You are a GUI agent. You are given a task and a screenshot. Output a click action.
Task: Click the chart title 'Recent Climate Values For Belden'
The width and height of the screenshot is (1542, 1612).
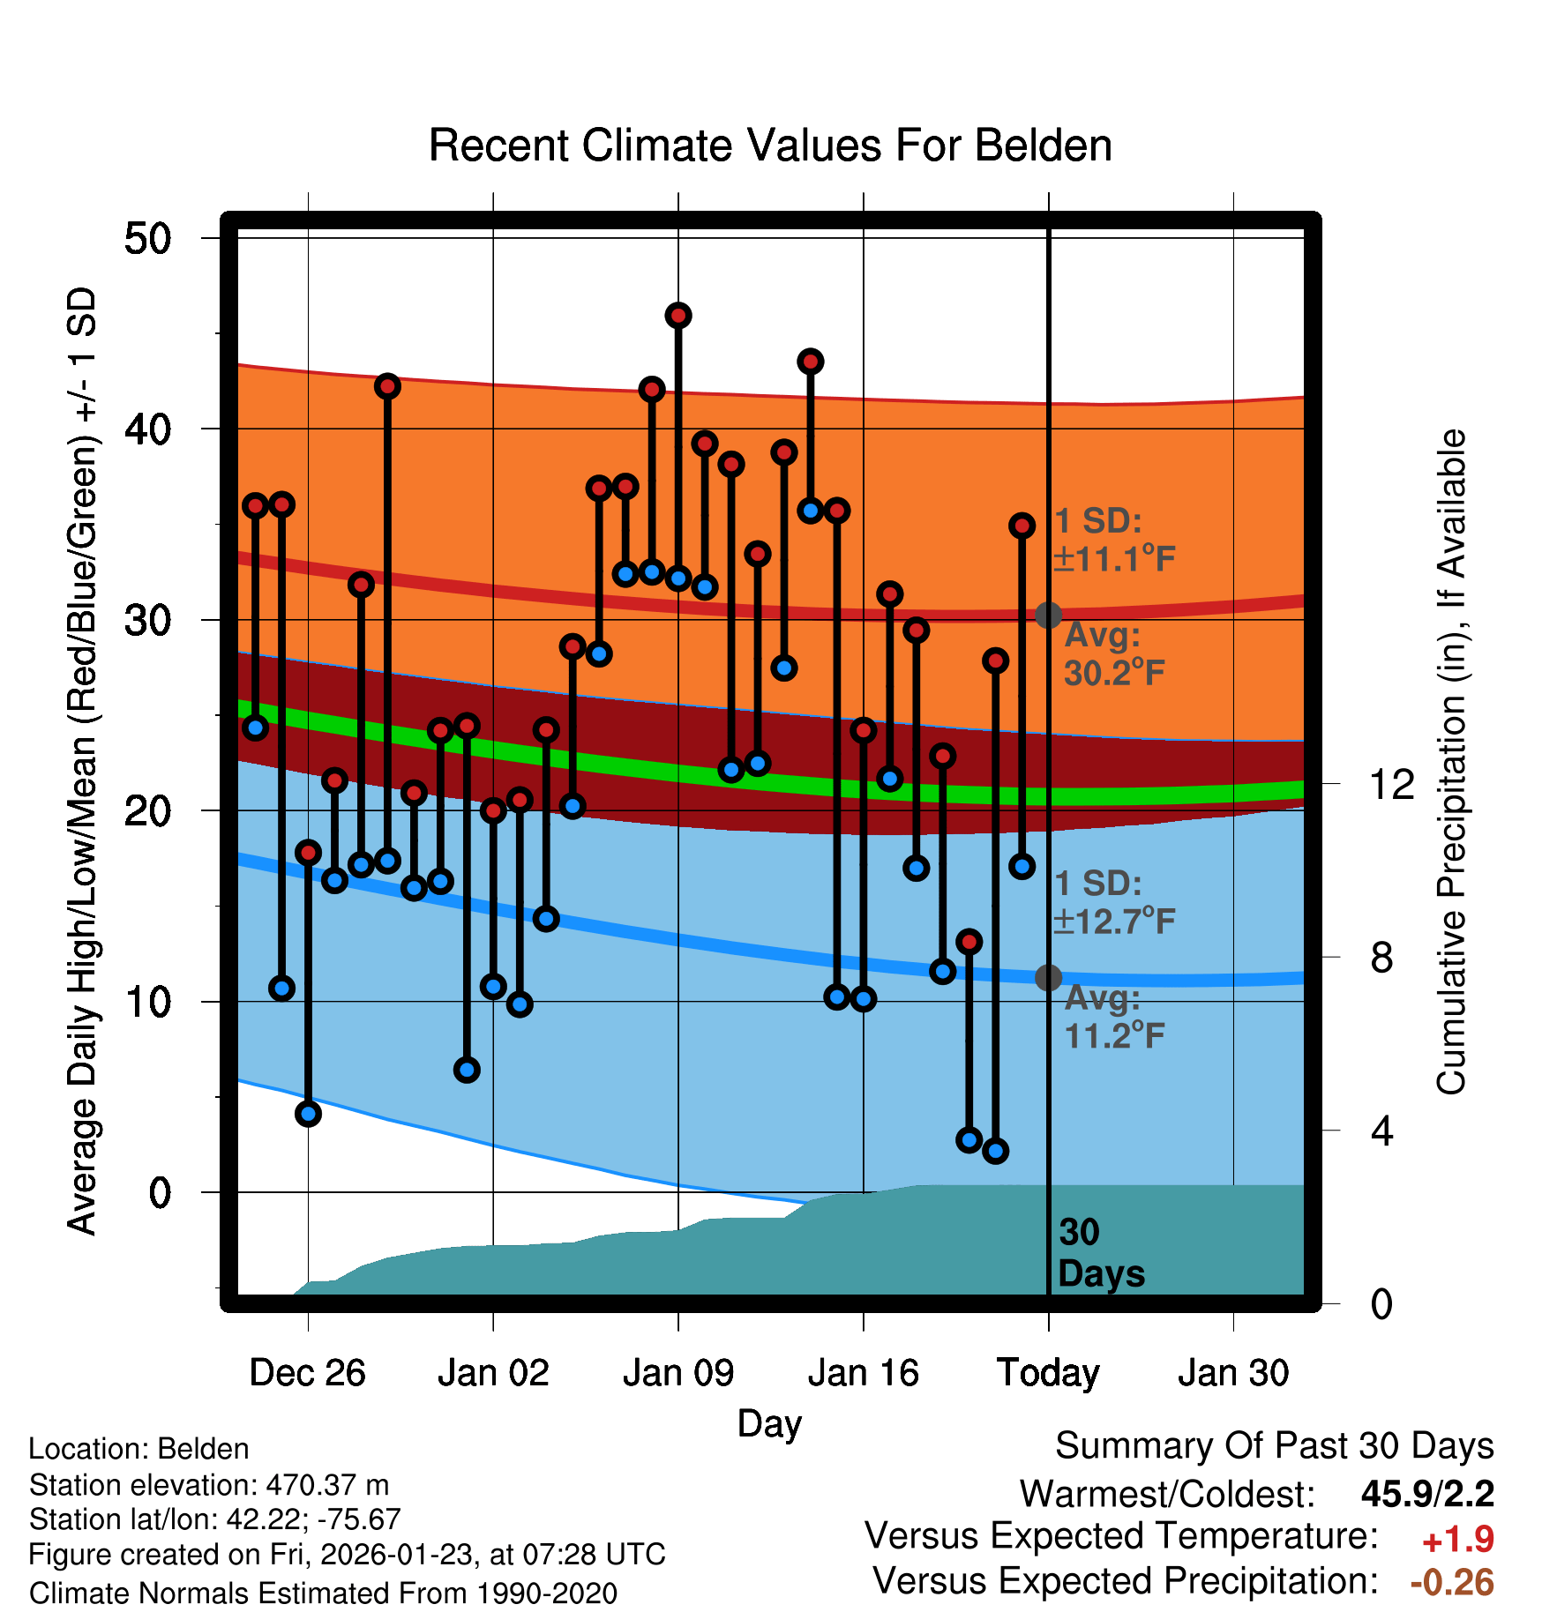click(769, 146)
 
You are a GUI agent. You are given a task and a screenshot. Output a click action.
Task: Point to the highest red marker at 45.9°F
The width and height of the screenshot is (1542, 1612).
click(678, 316)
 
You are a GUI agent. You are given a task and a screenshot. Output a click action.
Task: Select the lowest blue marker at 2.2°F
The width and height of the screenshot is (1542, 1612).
click(995, 1151)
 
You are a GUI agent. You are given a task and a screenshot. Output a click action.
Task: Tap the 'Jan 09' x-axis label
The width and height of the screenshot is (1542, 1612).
click(677, 1373)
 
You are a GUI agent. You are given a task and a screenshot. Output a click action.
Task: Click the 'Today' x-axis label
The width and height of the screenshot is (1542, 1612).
click(1048, 1373)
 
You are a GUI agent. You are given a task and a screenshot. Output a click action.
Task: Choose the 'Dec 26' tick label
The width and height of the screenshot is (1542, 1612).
click(307, 1373)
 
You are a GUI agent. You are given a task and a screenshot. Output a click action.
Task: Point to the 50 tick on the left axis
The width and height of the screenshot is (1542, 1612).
click(148, 238)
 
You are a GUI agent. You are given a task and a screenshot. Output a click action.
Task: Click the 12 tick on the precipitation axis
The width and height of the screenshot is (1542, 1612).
click(1391, 784)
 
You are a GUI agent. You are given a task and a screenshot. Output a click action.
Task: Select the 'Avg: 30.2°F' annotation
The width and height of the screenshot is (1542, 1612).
click(1113, 654)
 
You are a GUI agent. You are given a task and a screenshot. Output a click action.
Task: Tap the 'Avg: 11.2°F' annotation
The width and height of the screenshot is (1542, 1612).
click(1113, 1017)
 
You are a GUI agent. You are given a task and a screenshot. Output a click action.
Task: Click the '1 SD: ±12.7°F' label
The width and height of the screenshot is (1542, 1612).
click(1113, 902)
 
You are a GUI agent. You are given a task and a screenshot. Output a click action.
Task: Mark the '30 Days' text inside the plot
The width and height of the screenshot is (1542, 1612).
click(1100, 1253)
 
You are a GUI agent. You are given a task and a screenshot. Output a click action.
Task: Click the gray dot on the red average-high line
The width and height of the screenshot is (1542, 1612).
click(1048, 615)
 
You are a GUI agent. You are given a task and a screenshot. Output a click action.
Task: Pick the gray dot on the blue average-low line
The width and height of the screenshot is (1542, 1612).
click(1048, 977)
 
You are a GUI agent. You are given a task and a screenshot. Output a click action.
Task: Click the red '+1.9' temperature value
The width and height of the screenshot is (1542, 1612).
click(1457, 1540)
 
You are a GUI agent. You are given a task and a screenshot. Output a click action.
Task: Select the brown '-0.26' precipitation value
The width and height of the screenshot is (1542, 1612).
click(1452, 1582)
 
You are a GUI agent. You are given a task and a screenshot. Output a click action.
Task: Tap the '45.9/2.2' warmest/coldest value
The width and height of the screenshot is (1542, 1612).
click(1427, 1494)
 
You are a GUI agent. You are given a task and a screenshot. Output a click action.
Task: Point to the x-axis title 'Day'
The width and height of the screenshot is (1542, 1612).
click(769, 1423)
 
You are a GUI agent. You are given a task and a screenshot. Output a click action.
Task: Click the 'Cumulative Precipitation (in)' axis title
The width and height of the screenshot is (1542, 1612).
click(1451, 762)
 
